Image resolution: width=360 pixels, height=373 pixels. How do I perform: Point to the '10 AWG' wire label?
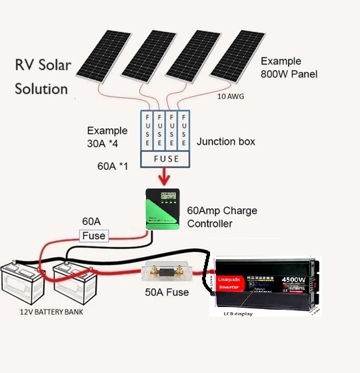pyautogui.click(x=231, y=96)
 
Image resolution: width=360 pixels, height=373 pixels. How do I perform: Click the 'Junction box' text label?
pyautogui.click(x=226, y=142)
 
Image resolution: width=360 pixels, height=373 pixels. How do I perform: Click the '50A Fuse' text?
pyautogui.click(x=167, y=292)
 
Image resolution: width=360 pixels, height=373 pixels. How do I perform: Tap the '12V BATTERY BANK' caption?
pyautogui.click(x=49, y=311)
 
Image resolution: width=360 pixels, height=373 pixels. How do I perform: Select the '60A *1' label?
pyautogui.click(x=114, y=164)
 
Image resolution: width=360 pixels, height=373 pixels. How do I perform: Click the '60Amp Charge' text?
pyautogui.click(x=222, y=211)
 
